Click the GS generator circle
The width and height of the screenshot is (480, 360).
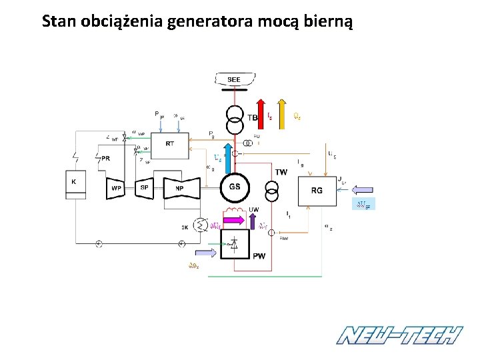point(235,187)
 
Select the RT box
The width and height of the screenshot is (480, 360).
point(169,144)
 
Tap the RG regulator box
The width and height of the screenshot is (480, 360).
point(317,190)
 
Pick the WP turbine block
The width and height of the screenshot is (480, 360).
point(116,188)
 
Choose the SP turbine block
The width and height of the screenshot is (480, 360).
point(145,188)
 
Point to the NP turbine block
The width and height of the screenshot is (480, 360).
point(179,188)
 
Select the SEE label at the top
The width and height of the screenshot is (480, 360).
point(234,80)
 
